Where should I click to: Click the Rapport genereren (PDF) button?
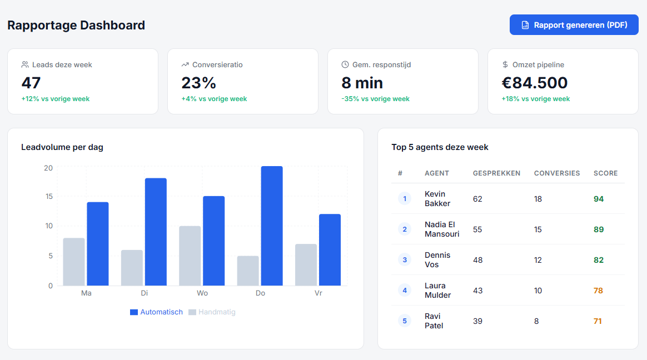pos(574,25)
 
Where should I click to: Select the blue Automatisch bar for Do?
pos(272,226)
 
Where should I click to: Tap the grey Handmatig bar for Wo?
pos(190,256)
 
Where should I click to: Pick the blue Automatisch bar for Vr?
pos(330,250)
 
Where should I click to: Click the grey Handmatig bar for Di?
pos(132,268)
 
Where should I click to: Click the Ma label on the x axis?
pos(86,293)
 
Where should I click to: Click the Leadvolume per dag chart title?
pos(62,147)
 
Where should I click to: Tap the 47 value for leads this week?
pos(31,83)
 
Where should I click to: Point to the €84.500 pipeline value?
pos(534,83)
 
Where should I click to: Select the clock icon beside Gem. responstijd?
pos(345,64)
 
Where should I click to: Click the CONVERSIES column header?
pos(557,173)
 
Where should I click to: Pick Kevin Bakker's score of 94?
pos(599,199)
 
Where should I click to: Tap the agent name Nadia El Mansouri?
pos(442,229)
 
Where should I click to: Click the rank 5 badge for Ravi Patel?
pos(405,321)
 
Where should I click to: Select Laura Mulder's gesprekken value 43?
pos(477,291)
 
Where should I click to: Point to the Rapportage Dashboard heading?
pos(76,25)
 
